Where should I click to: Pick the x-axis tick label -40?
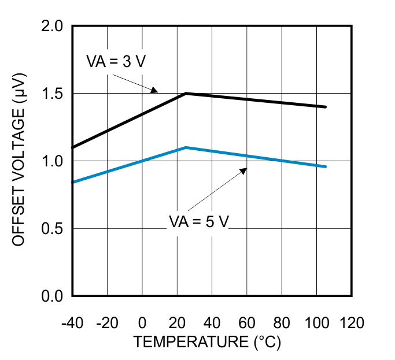(72, 322)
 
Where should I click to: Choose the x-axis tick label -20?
(107, 322)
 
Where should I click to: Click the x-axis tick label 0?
(142, 322)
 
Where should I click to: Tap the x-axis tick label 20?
(177, 322)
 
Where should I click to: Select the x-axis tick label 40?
(212, 322)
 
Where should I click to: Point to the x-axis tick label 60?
(247, 322)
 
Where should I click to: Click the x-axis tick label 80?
(282, 322)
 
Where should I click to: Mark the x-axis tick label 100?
(317, 322)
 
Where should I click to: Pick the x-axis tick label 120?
(352, 322)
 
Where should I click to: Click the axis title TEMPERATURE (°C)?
(207, 342)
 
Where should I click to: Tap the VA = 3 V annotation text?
(116, 62)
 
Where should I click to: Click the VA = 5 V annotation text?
(199, 221)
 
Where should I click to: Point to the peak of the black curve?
(186, 93)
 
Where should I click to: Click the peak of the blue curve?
(186, 147)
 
